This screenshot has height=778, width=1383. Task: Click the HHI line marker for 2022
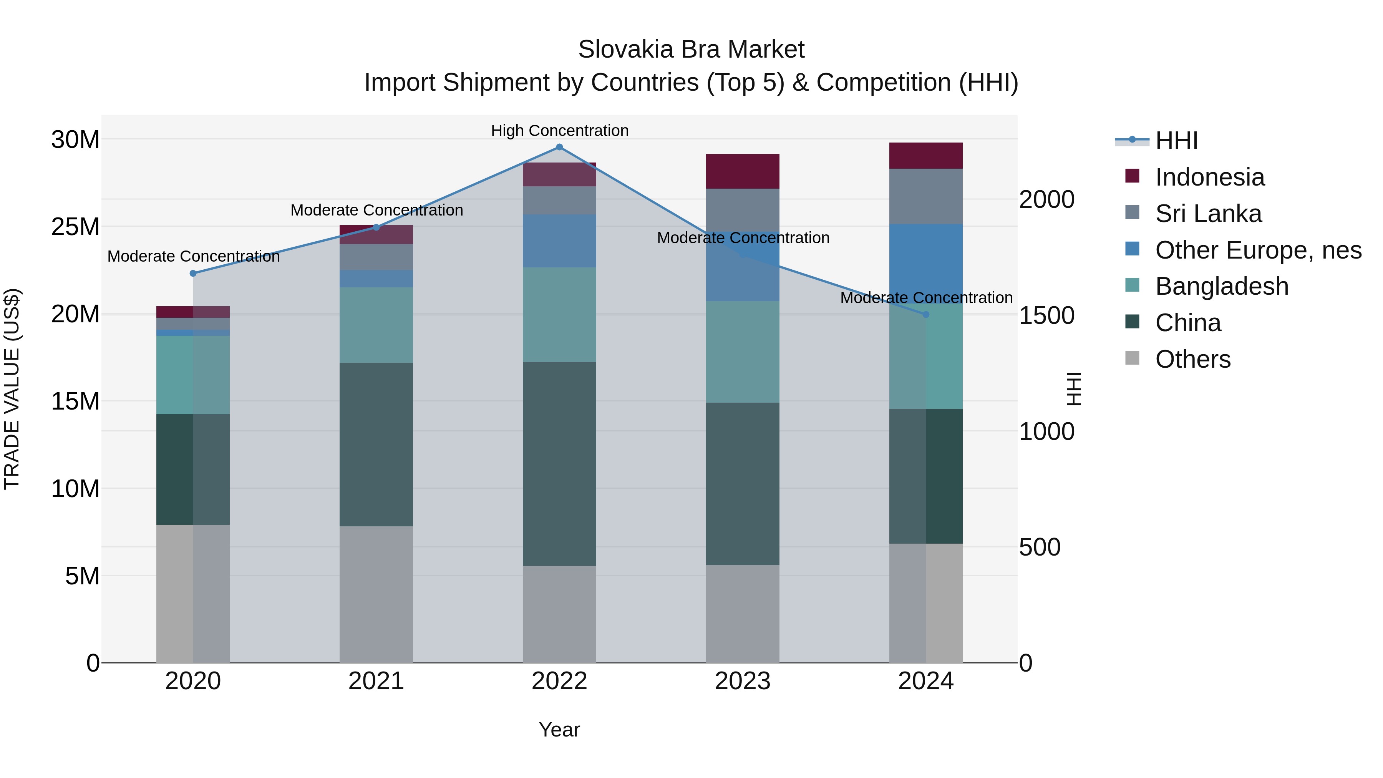pyautogui.click(x=559, y=147)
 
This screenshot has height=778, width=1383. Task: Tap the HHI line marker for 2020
pyautogui.click(x=193, y=273)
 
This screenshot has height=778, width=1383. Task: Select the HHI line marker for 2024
pyautogui.click(x=925, y=315)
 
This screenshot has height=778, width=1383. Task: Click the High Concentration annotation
pyautogui.click(x=559, y=131)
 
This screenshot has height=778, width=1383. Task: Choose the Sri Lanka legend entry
pyautogui.click(x=1208, y=214)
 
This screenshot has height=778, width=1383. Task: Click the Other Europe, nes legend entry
pyautogui.click(x=1258, y=250)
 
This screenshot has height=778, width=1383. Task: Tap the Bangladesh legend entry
pyautogui.click(x=1221, y=286)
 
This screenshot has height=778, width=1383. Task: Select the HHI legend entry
pyautogui.click(x=1176, y=141)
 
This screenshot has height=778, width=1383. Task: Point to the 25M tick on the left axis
pyautogui.click(x=75, y=227)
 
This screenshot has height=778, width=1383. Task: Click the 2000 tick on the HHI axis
pyautogui.click(x=1046, y=200)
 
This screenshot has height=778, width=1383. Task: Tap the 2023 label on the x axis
pyautogui.click(x=743, y=681)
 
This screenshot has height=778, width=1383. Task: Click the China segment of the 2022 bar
pyautogui.click(x=559, y=463)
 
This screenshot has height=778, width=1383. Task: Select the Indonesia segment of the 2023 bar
pyautogui.click(x=743, y=171)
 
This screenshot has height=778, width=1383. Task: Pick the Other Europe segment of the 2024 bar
pyautogui.click(x=925, y=263)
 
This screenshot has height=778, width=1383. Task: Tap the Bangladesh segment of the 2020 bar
pyautogui.click(x=193, y=375)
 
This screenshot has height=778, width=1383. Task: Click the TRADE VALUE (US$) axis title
pyautogui.click(x=12, y=389)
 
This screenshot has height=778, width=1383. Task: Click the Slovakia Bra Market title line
pyautogui.click(x=691, y=50)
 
